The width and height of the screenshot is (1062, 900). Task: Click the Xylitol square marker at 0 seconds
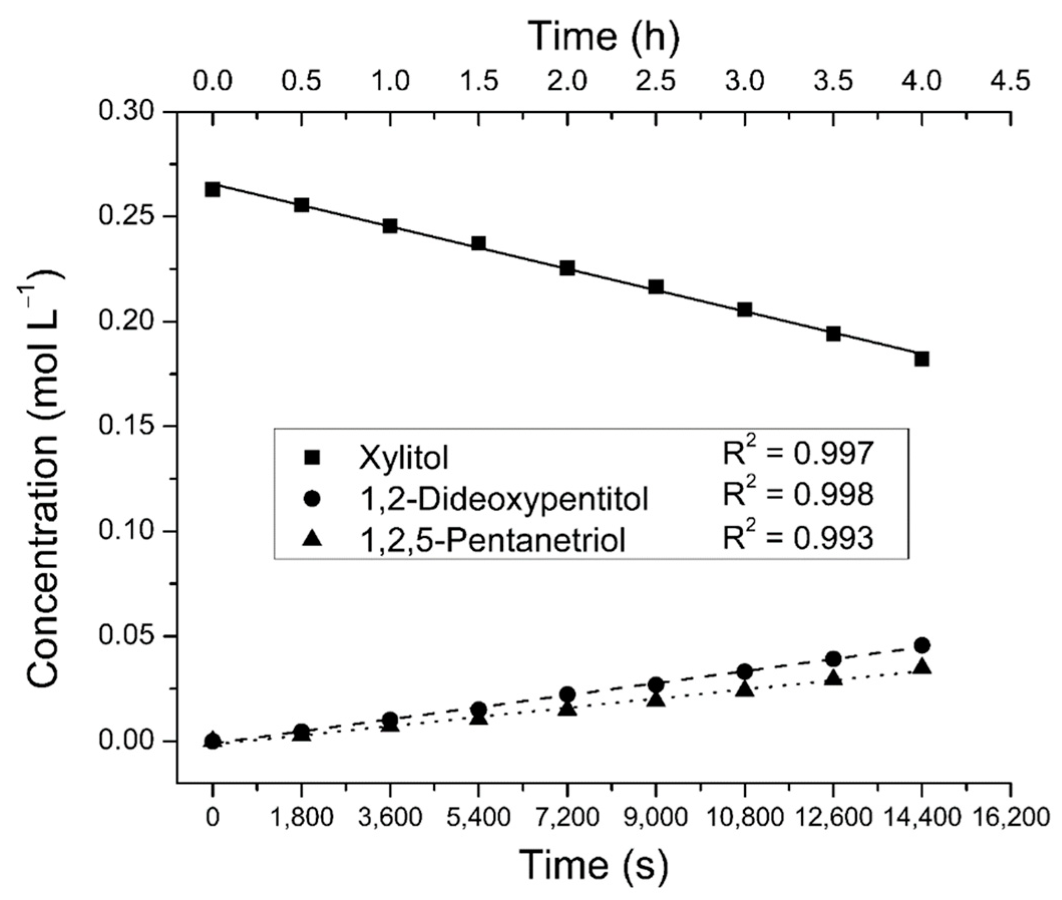[x=213, y=190]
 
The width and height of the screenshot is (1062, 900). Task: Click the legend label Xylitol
[x=403, y=457]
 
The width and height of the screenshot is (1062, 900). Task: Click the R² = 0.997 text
[x=798, y=453]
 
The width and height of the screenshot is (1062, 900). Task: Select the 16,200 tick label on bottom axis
[x=1010, y=817]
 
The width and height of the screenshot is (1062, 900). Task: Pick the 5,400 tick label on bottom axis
[x=478, y=817]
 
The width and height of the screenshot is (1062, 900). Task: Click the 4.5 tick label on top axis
[x=1010, y=81]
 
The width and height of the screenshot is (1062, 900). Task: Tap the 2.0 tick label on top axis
[x=567, y=81]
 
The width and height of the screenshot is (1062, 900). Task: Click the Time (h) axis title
[x=604, y=37]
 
